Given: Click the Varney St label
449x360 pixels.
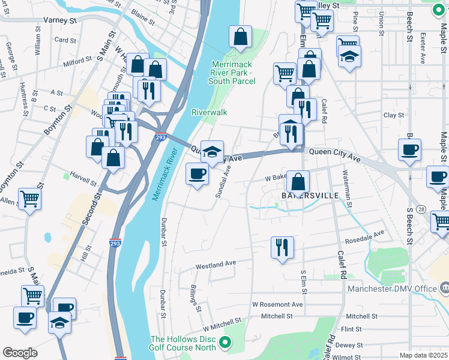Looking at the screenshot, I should pyautogui.click(x=60, y=20).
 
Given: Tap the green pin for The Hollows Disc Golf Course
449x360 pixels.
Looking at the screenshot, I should pyautogui.click(x=225, y=343).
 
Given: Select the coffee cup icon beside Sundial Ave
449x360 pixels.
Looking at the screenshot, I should pyautogui.click(x=197, y=175).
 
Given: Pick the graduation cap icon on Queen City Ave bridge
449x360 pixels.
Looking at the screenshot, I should pyautogui.click(x=212, y=152).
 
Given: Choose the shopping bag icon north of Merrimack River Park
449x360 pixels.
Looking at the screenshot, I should pyautogui.click(x=240, y=37).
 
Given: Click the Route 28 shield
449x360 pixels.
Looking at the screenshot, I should pyautogui.click(x=423, y=208).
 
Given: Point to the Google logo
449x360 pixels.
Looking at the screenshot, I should pyautogui.click(x=20, y=353).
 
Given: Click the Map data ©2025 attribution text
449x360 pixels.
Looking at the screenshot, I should pyautogui.click(x=423, y=355).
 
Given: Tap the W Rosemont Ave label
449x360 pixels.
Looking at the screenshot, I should pyautogui.click(x=277, y=304).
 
